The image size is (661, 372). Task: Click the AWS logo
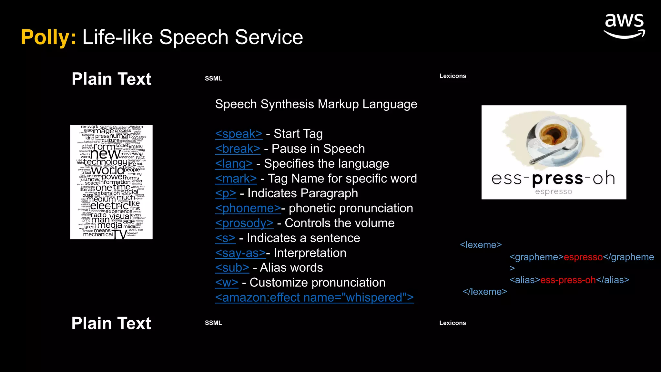click(624, 26)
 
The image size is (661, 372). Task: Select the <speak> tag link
click(239, 134)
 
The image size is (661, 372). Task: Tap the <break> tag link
click(238, 149)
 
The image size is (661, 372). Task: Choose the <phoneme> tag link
click(248, 208)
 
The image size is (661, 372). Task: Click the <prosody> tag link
click(244, 223)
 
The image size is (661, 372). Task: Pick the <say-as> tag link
click(240, 253)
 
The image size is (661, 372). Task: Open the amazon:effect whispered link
click(314, 297)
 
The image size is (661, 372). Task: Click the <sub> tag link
click(232, 268)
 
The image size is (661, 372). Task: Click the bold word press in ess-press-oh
click(557, 179)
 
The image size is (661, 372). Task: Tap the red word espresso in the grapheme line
click(583, 257)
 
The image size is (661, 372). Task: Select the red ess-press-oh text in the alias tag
click(568, 280)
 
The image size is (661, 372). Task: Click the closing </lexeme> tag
click(485, 292)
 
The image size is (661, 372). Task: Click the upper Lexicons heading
click(453, 76)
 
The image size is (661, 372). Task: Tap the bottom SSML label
click(213, 323)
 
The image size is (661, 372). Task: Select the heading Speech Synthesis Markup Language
click(316, 104)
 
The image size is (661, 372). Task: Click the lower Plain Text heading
click(111, 323)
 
